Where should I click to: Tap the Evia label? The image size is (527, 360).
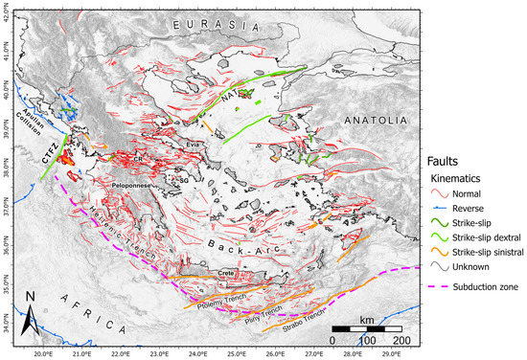coord(173,144)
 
